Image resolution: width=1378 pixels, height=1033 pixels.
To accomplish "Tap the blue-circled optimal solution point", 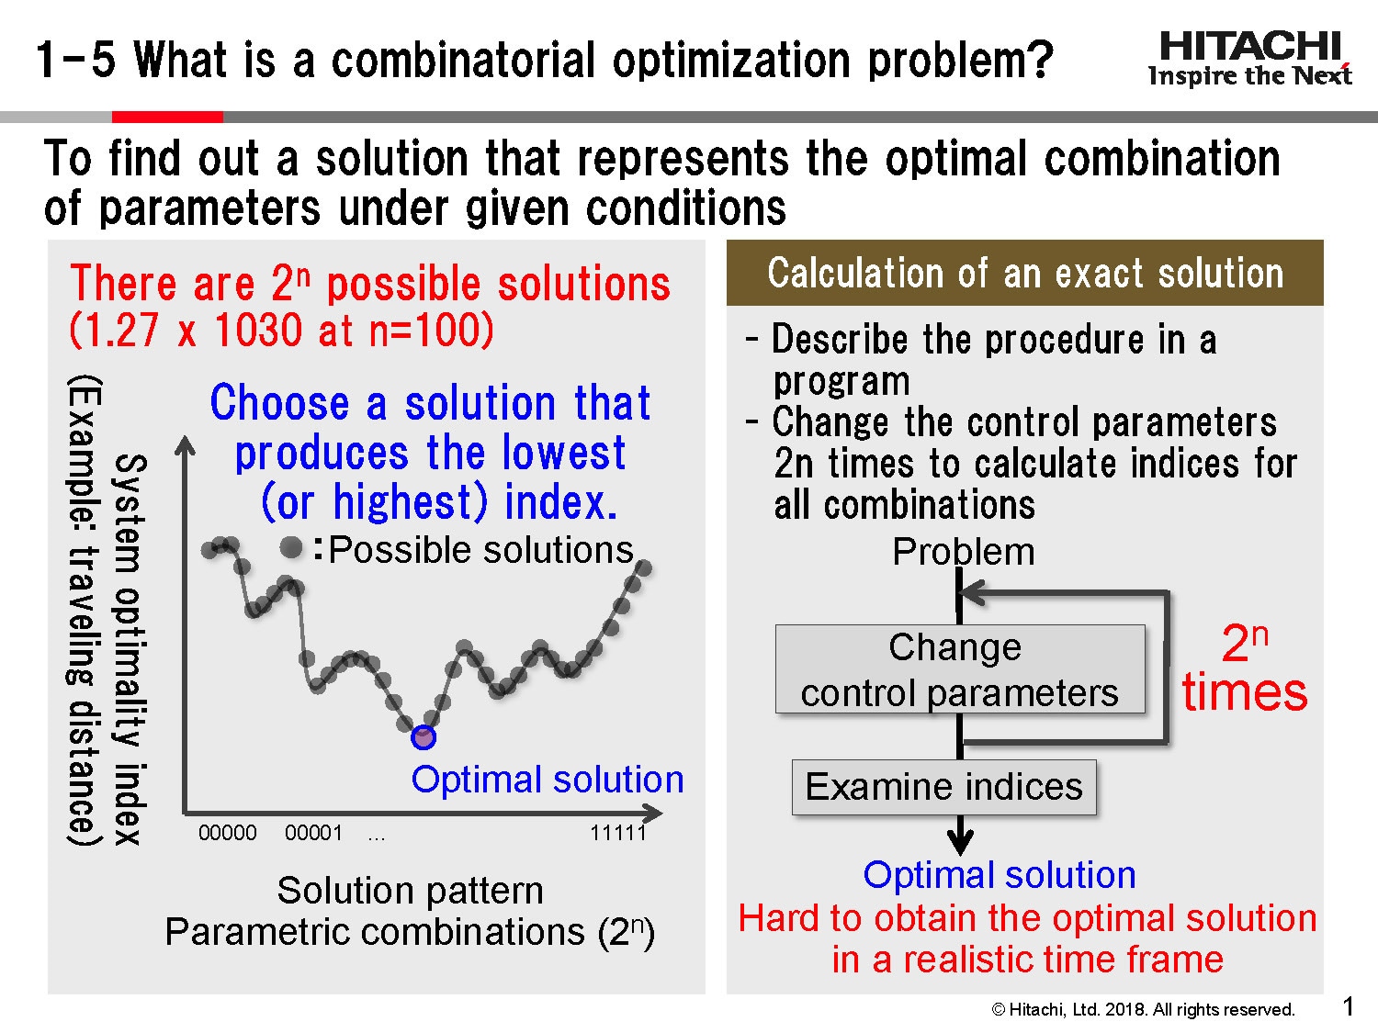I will click(423, 736).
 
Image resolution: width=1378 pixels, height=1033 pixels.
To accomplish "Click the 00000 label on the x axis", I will click(228, 833).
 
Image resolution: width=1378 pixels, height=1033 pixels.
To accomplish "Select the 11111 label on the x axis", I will click(618, 833).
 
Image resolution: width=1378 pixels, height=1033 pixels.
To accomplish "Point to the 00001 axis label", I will click(313, 833).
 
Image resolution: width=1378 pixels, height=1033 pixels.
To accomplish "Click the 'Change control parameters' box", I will click(960, 669).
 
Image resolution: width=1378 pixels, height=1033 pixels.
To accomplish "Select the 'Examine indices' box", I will click(943, 787).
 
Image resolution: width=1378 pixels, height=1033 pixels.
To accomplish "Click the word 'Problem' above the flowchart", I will click(964, 552).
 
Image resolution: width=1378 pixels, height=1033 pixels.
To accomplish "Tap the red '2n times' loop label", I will click(1245, 668).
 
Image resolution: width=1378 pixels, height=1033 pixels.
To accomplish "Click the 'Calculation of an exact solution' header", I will click(1024, 274).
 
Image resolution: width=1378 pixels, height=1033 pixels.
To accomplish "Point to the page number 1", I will click(1348, 1006).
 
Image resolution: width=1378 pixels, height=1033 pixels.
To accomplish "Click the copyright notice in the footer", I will click(1143, 1009).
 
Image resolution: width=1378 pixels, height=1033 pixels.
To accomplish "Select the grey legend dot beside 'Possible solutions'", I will click(291, 548).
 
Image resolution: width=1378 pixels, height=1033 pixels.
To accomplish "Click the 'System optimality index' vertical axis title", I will click(129, 648).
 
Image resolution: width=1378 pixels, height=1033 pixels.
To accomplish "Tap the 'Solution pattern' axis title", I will click(410, 890).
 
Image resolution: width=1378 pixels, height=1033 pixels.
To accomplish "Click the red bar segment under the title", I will click(167, 117).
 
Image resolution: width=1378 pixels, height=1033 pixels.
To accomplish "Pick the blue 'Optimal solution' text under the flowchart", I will click(1000, 875).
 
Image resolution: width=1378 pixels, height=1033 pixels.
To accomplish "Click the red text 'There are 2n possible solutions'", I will click(370, 284).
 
